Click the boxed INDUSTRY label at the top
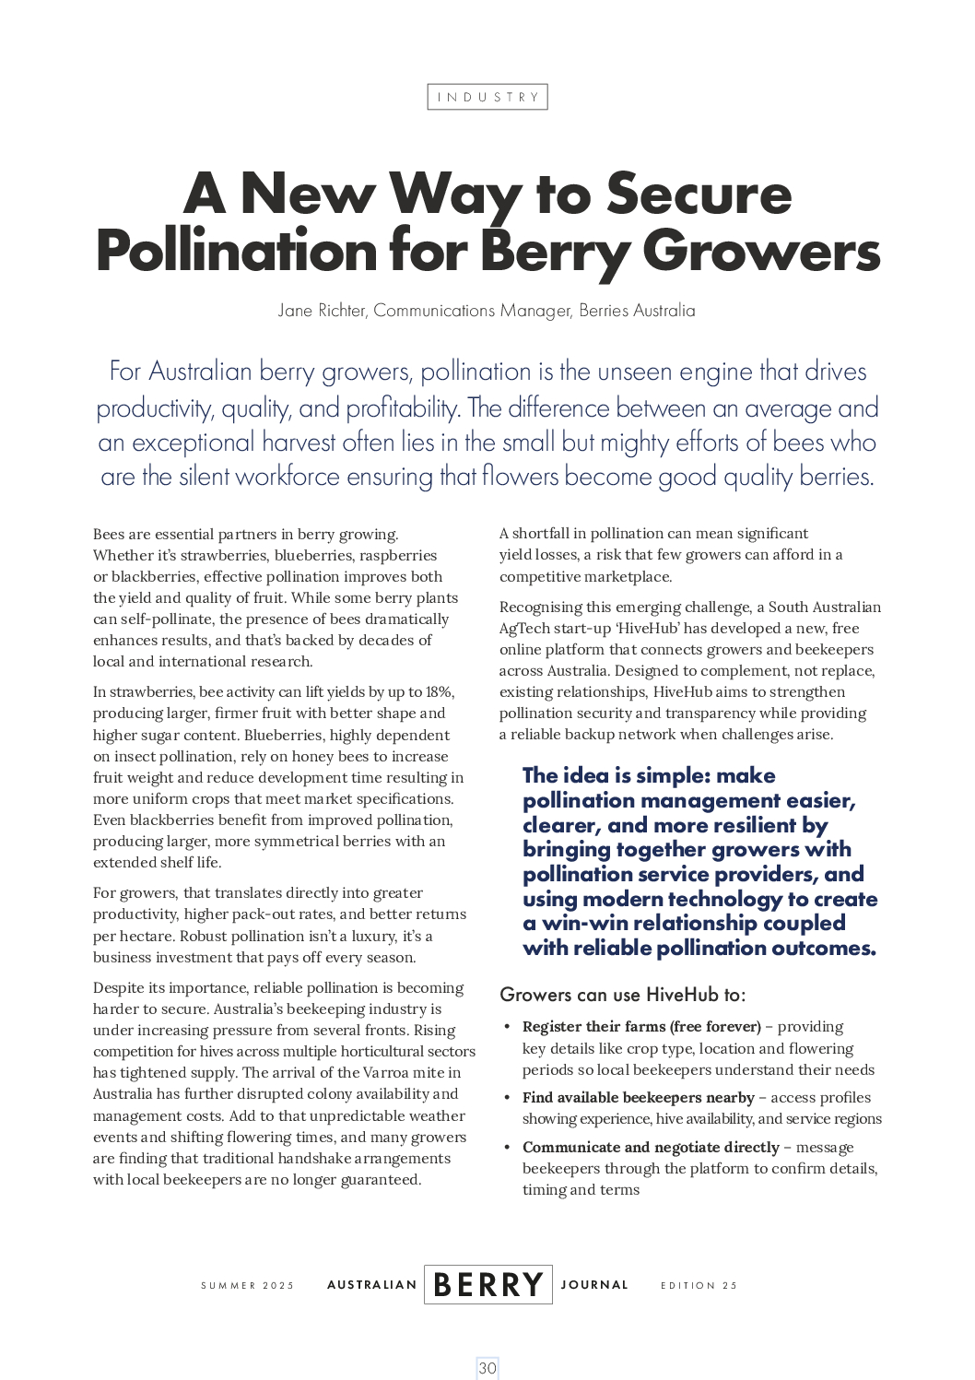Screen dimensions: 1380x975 pyautogui.click(x=487, y=97)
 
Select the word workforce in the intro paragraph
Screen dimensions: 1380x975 pyautogui.click(x=288, y=477)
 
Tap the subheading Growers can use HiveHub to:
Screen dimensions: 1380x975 pyautogui.click(x=622, y=995)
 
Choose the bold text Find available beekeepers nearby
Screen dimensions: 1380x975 pyautogui.click(x=638, y=1097)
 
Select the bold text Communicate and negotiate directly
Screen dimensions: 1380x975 pyautogui.click(x=651, y=1147)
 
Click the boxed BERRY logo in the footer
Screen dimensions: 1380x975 pyautogui.click(x=487, y=1284)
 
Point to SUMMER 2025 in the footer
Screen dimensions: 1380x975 pyautogui.click(x=247, y=1285)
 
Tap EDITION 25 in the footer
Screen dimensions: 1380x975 pyautogui.click(x=699, y=1285)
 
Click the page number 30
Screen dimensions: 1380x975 pyautogui.click(x=487, y=1368)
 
